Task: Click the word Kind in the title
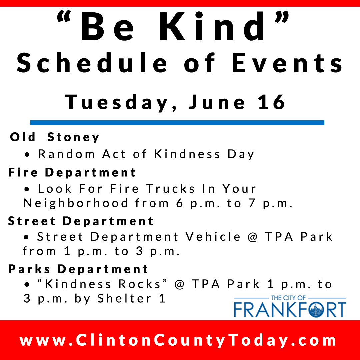click(212, 27)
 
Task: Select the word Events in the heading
click(287, 63)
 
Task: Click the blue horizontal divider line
click(177, 123)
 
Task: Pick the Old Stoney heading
click(55, 137)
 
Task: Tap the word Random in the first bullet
click(66, 154)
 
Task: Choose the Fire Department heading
click(72, 173)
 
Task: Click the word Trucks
click(171, 189)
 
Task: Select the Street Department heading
click(81, 221)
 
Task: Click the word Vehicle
click(213, 237)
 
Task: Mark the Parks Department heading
click(78, 269)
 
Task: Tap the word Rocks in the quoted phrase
click(140, 284)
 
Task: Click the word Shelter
click(124, 299)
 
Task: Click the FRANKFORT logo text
click(290, 310)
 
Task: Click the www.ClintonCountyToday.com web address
click(178, 340)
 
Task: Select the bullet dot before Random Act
click(27, 155)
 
